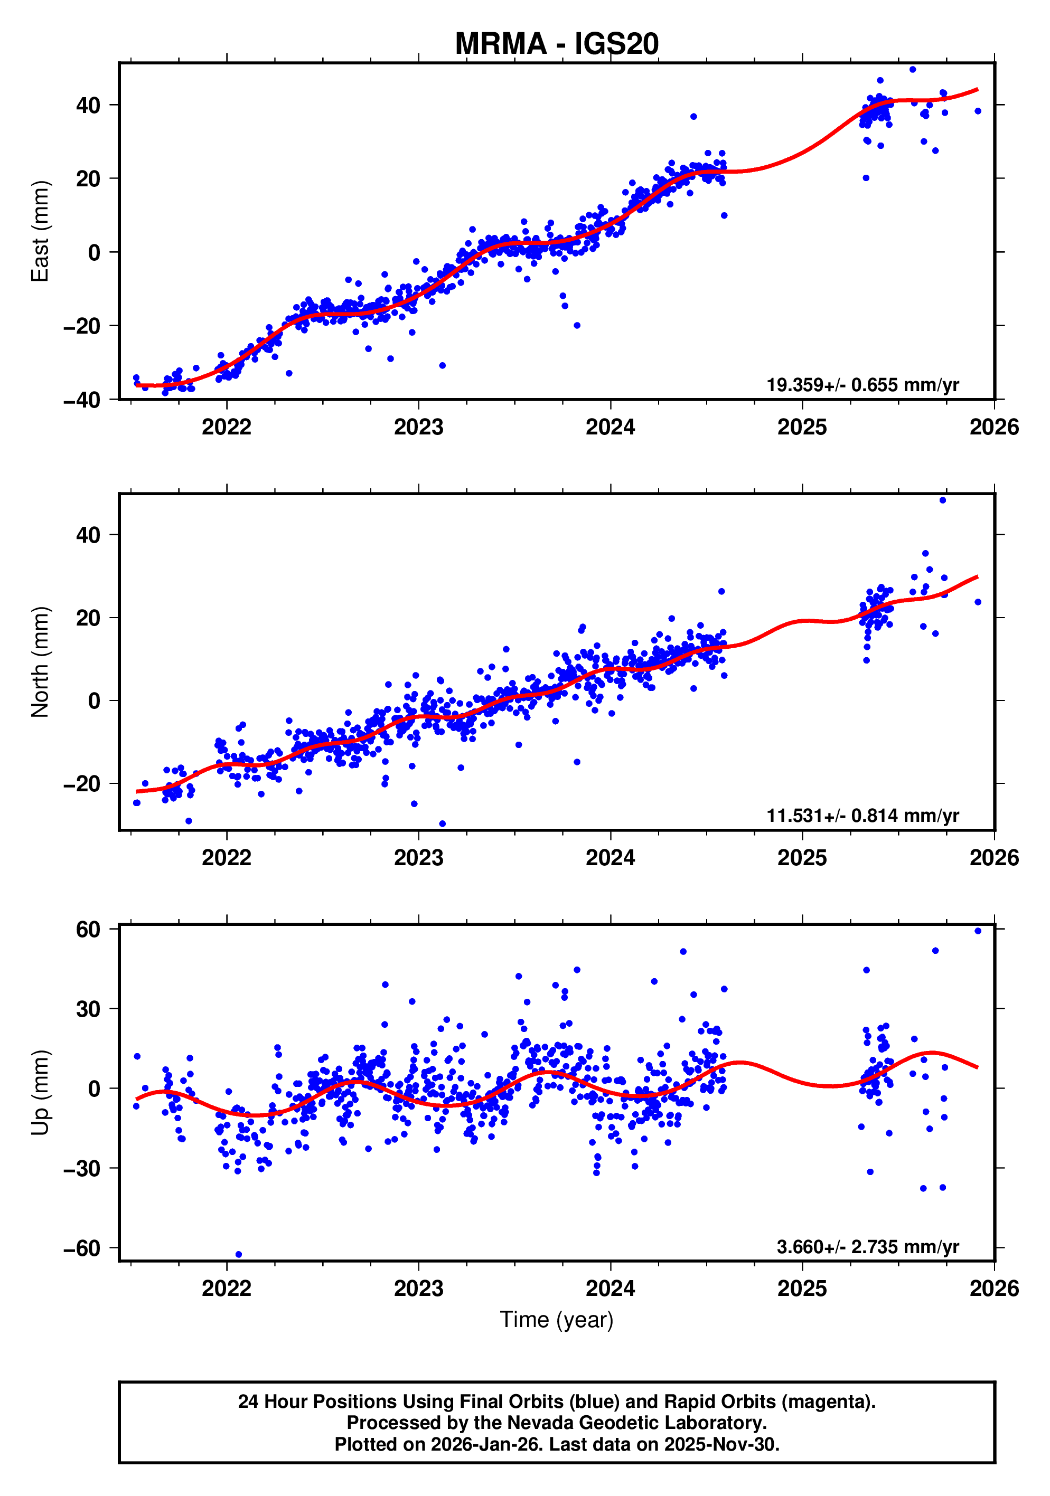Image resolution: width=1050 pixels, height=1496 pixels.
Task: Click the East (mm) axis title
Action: coord(40,231)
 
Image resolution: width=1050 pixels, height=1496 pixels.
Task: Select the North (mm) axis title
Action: coord(40,661)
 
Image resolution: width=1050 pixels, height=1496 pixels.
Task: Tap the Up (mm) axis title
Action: coord(40,1092)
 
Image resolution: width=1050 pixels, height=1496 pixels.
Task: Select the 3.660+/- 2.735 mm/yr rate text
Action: coord(867,1246)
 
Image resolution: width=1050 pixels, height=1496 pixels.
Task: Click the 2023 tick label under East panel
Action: coord(418,428)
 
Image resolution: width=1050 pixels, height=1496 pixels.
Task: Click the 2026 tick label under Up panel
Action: coord(993,1288)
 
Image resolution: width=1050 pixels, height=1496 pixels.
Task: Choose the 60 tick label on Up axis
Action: coord(88,930)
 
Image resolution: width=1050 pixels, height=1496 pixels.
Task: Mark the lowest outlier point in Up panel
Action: coord(239,1254)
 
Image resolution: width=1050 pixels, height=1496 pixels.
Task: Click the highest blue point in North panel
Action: coord(942,500)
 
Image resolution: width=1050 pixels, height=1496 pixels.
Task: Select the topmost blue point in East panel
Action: coord(913,70)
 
